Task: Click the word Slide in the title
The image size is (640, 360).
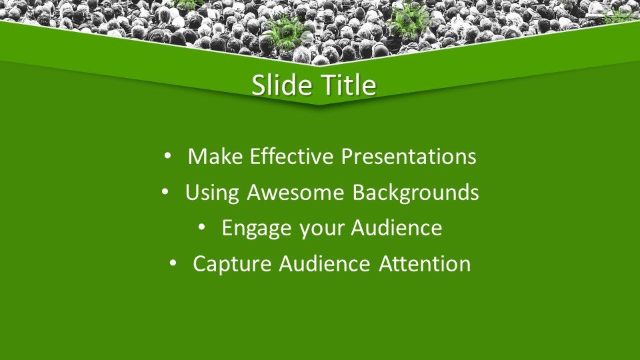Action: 279,85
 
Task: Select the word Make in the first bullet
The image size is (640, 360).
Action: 215,156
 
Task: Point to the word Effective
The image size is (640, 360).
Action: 292,156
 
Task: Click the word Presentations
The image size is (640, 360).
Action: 409,156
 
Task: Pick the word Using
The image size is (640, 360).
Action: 212,193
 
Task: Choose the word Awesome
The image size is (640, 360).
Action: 295,192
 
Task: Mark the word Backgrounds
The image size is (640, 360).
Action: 415,192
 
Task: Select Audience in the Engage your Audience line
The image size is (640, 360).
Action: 396,227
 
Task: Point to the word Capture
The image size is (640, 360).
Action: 232,264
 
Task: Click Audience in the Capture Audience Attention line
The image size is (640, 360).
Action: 325,263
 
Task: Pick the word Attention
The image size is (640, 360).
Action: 425,264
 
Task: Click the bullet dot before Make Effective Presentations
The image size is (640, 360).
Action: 167,156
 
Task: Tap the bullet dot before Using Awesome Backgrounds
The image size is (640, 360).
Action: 165,192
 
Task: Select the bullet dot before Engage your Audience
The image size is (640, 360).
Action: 201,227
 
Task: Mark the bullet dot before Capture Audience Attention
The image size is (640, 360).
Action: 173,263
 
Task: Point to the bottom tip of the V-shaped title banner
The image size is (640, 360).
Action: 319,105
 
